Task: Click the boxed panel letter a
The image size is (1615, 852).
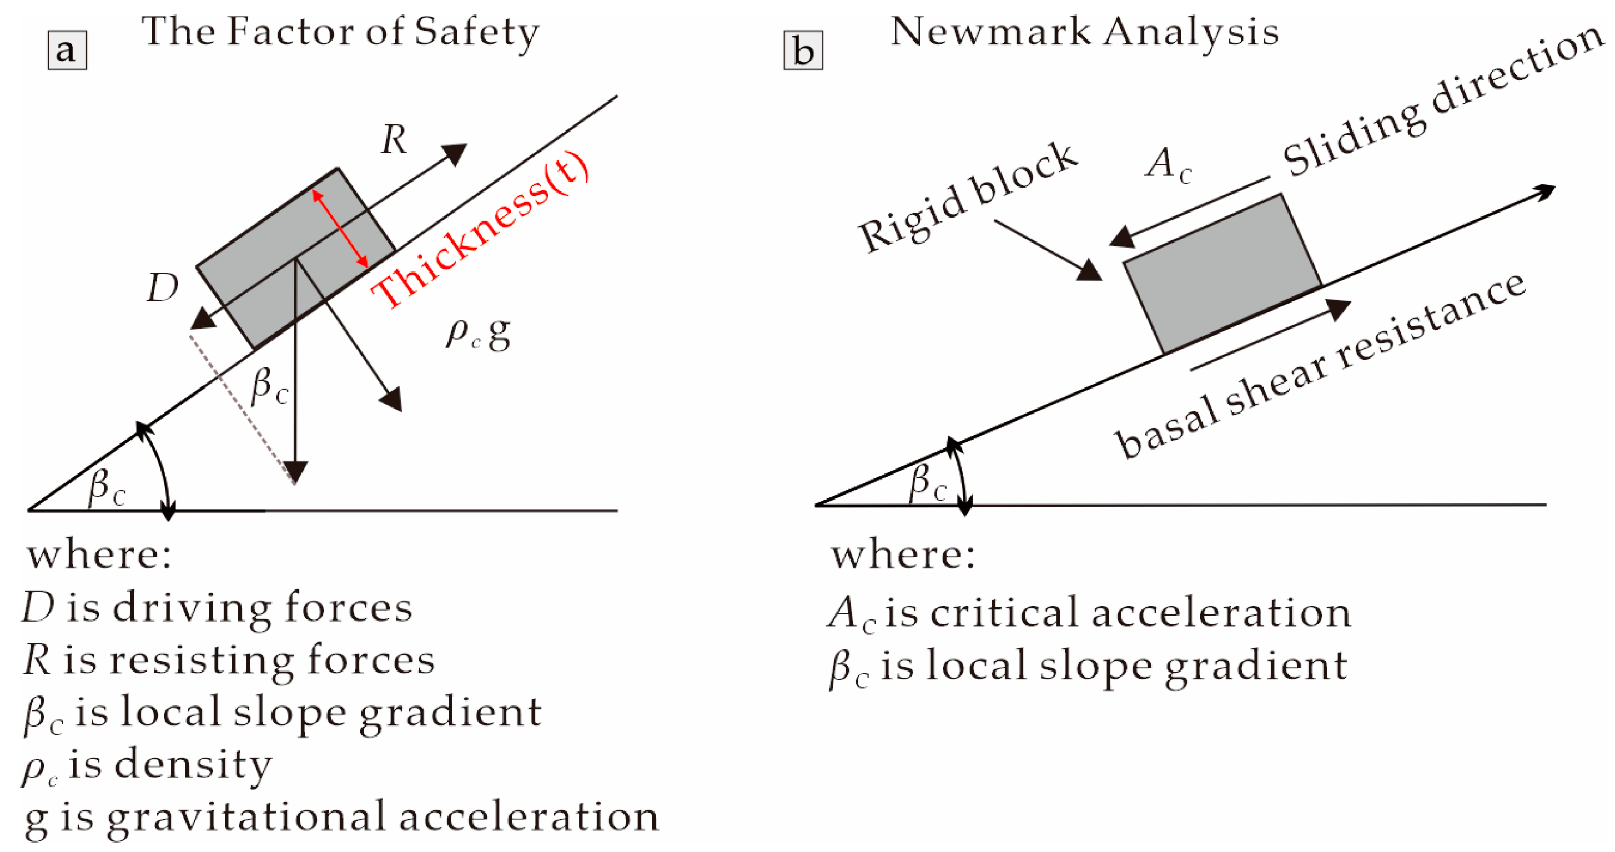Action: [67, 51]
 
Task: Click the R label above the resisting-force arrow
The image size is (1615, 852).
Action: [394, 139]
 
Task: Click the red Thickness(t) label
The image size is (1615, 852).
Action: [480, 232]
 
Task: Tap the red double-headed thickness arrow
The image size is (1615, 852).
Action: [340, 228]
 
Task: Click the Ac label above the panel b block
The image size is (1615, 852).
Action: [1168, 164]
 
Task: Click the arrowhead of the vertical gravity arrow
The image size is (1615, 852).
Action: [295, 471]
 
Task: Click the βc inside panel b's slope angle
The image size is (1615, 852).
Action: [927, 482]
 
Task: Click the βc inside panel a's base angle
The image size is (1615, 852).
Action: [107, 487]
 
